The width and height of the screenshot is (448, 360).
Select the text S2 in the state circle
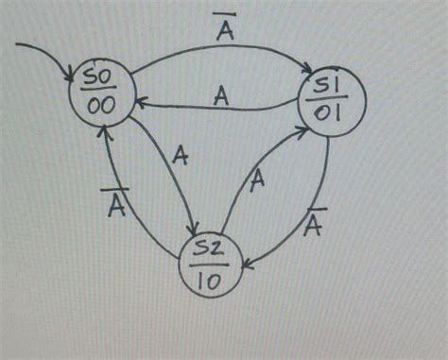tap(213, 248)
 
